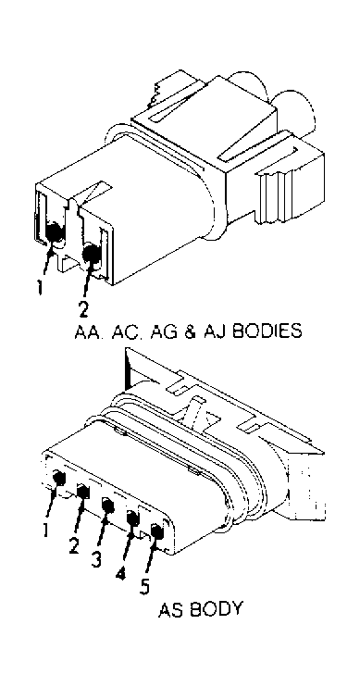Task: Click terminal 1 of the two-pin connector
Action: [55, 231]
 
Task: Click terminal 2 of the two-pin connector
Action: [92, 254]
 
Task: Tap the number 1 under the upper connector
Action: [40, 287]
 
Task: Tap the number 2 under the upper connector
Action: [82, 310]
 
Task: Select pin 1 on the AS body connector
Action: [59, 478]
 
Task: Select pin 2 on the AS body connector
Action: [83, 491]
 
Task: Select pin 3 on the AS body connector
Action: [107, 506]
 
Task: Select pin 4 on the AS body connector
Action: [132, 518]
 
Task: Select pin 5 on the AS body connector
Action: [156, 531]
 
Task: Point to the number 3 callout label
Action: [97, 559]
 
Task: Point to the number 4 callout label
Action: [121, 573]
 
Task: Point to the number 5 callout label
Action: [145, 587]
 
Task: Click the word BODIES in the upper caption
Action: [267, 331]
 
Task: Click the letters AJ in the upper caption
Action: [211, 331]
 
